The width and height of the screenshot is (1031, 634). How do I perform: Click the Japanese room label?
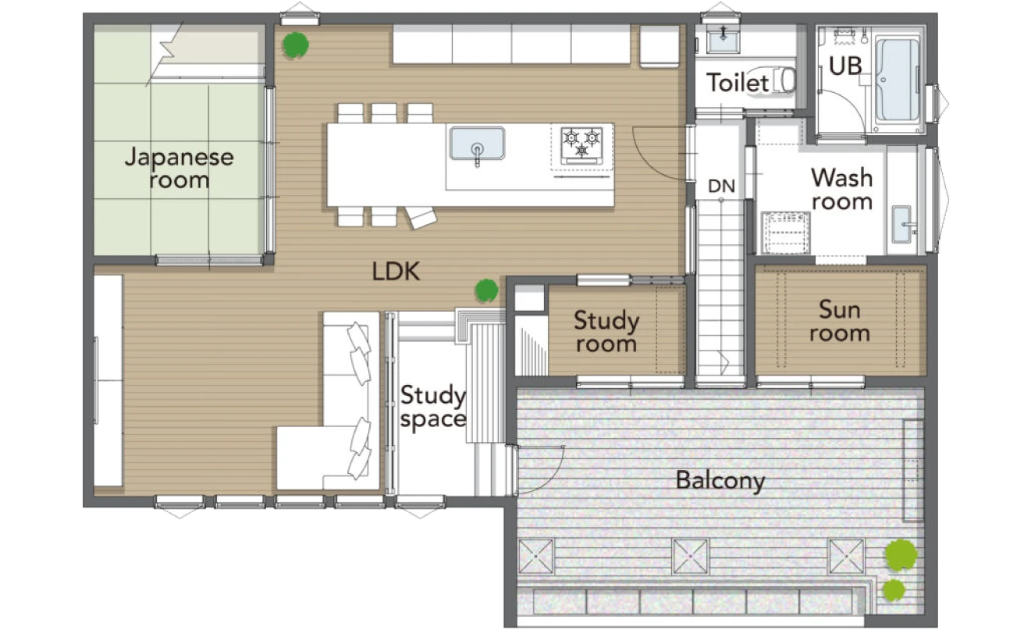[x=179, y=168]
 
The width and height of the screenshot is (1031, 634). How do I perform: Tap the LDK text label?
[x=396, y=272]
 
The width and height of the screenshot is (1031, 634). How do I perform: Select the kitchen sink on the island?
[x=478, y=144]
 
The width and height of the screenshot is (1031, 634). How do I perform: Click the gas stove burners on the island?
[x=581, y=145]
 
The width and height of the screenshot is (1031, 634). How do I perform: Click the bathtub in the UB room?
[x=897, y=79]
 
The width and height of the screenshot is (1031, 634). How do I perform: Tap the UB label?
[x=845, y=66]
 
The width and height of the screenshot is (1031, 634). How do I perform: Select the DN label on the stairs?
[x=721, y=186]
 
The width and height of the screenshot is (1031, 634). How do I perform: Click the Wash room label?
[x=842, y=189]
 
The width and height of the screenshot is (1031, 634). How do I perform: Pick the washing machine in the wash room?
[x=786, y=233]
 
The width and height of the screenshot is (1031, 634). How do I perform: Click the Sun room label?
[x=840, y=321]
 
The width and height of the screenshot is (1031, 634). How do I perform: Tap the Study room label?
[x=606, y=332]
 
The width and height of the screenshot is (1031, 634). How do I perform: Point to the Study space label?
[x=433, y=408]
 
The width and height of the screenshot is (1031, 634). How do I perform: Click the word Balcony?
[x=720, y=481]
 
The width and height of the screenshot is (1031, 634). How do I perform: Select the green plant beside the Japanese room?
[x=296, y=45]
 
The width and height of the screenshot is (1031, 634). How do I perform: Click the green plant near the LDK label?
[x=486, y=290]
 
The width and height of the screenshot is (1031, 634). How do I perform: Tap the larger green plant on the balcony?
[x=901, y=555]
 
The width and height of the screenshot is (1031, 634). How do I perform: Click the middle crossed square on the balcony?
[x=691, y=557]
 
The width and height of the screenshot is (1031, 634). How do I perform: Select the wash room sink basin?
[x=901, y=224]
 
